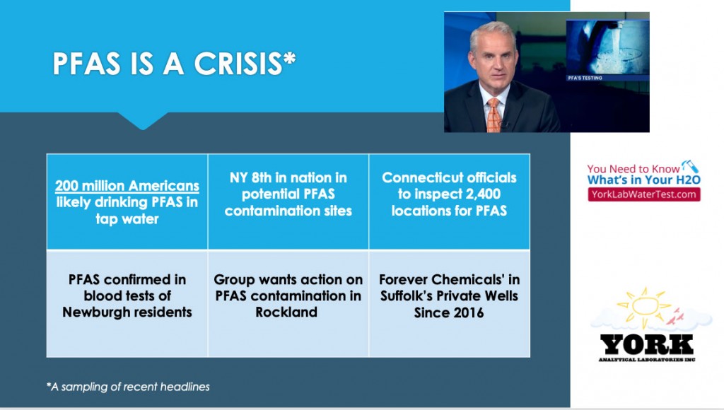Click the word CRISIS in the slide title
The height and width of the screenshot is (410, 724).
[238, 63]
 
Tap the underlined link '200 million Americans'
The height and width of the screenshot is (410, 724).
[127, 186]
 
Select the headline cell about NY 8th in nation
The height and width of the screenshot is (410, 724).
[288, 201]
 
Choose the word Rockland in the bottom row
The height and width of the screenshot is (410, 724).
[286, 312]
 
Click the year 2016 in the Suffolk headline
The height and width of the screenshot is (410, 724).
[468, 312]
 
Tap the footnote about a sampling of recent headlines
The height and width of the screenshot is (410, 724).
[128, 387]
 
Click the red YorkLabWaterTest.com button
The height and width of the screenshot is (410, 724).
[643, 194]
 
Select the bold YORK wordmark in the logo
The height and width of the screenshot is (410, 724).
[646, 344]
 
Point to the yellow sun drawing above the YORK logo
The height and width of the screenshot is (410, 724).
[644, 306]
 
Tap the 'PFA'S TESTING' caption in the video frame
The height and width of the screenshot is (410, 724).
[585, 78]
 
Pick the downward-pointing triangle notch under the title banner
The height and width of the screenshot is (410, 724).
[143, 121]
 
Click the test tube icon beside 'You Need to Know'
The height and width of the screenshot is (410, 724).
[691, 166]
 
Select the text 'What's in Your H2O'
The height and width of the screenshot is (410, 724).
[643, 180]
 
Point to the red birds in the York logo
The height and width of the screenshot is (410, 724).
[675, 316]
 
